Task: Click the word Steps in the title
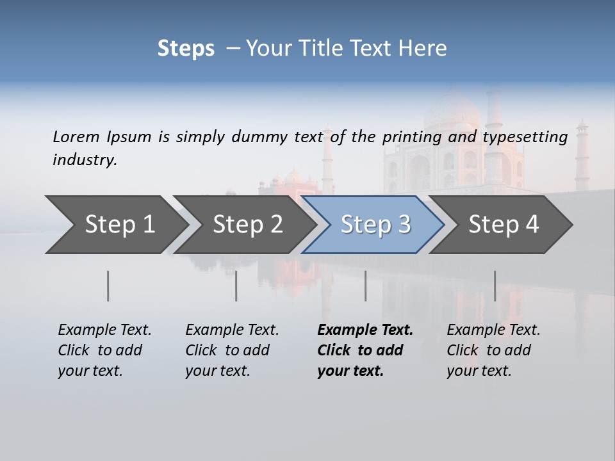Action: tap(186, 49)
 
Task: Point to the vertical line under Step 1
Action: tap(108, 286)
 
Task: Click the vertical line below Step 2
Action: tap(236, 286)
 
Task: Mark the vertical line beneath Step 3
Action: tap(366, 286)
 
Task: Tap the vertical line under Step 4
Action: tap(495, 286)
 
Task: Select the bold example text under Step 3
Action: tap(365, 350)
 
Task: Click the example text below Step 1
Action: tap(104, 350)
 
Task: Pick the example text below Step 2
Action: tap(232, 350)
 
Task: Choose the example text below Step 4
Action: tap(493, 350)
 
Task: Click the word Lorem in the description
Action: tap(76, 136)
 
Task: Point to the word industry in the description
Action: tap(85, 160)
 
